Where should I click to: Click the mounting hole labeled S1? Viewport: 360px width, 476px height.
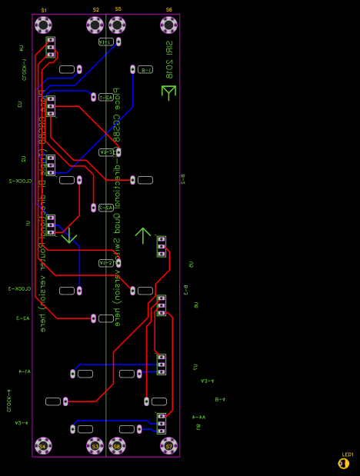[x=43, y=25]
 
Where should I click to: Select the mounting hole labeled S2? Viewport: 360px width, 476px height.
[x=95, y=25]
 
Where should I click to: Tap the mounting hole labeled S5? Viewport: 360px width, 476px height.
[x=117, y=25]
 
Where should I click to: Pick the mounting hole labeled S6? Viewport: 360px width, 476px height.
[x=169, y=25]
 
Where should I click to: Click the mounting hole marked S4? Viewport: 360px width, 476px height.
[x=43, y=445]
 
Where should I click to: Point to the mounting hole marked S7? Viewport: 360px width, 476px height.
[x=169, y=445]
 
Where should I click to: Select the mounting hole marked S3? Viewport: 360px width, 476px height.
[x=95, y=445]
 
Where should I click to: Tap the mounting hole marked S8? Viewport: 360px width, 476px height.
[x=117, y=445]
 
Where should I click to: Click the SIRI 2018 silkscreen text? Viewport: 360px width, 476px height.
[x=168, y=59]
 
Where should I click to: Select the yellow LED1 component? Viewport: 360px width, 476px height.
[x=343, y=463]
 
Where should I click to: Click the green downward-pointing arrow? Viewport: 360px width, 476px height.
[x=69, y=235]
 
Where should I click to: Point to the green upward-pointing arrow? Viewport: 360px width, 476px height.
[x=143, y=235]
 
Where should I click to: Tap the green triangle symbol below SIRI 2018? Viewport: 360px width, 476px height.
[x=168, y=92]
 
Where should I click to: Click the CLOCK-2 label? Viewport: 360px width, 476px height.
[x=20, y=181]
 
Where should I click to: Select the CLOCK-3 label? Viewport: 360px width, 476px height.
[x=20, y=288]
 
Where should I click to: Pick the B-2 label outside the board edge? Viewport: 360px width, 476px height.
[x=182, y=179]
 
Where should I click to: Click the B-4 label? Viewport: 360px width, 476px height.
[x=220, y=399]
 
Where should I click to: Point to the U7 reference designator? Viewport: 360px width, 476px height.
[x=195, y=367]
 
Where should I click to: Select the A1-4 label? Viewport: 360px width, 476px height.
[x=25, y=371]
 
